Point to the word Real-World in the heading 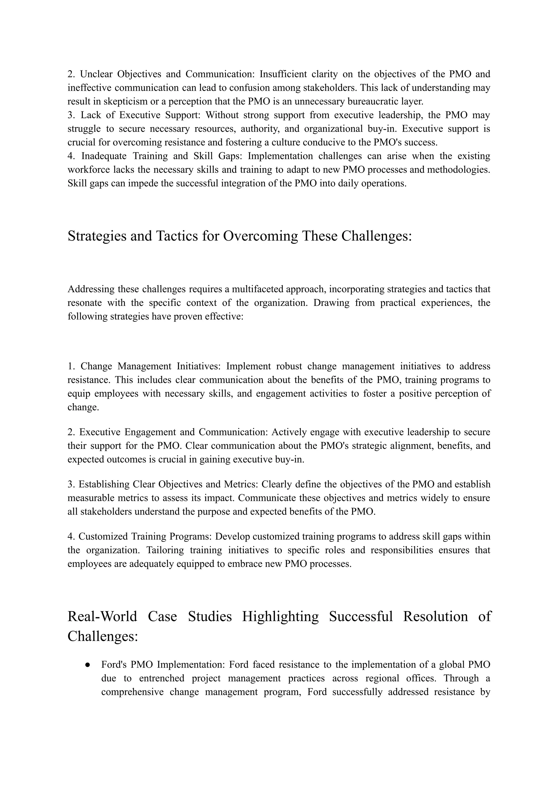[x=102, y=616]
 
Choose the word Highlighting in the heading [x=280, y=616]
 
